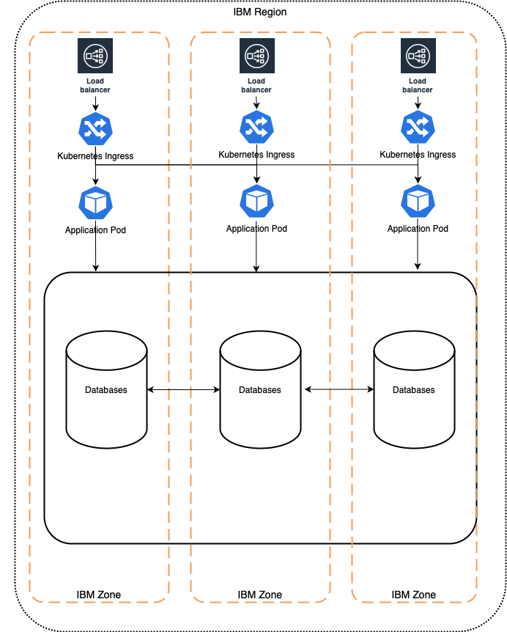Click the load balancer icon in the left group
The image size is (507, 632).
[95, 56]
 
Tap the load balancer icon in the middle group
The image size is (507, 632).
[256, 56]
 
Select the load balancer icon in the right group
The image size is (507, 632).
[418, 56]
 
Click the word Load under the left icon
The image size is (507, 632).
[95, 81]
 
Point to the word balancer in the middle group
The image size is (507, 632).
[256, 90]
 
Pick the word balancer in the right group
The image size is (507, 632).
[418, 90]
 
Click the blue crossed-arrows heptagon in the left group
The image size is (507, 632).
[95, 128]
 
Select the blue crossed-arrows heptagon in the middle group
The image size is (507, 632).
[256, 128]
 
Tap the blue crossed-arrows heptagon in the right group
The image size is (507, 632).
[418, 128]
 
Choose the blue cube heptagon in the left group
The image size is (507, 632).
[95, 202]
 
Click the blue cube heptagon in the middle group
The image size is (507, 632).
[256, 201]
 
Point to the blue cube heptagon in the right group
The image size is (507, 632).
[418, 201]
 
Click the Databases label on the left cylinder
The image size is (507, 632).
[106, 390]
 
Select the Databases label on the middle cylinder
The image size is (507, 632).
[260, 390]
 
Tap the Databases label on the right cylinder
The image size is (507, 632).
[414, 390]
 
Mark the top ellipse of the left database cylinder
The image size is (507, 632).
[106, 350]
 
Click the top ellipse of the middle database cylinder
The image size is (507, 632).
[260, 350]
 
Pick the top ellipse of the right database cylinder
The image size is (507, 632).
[414, 350]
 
